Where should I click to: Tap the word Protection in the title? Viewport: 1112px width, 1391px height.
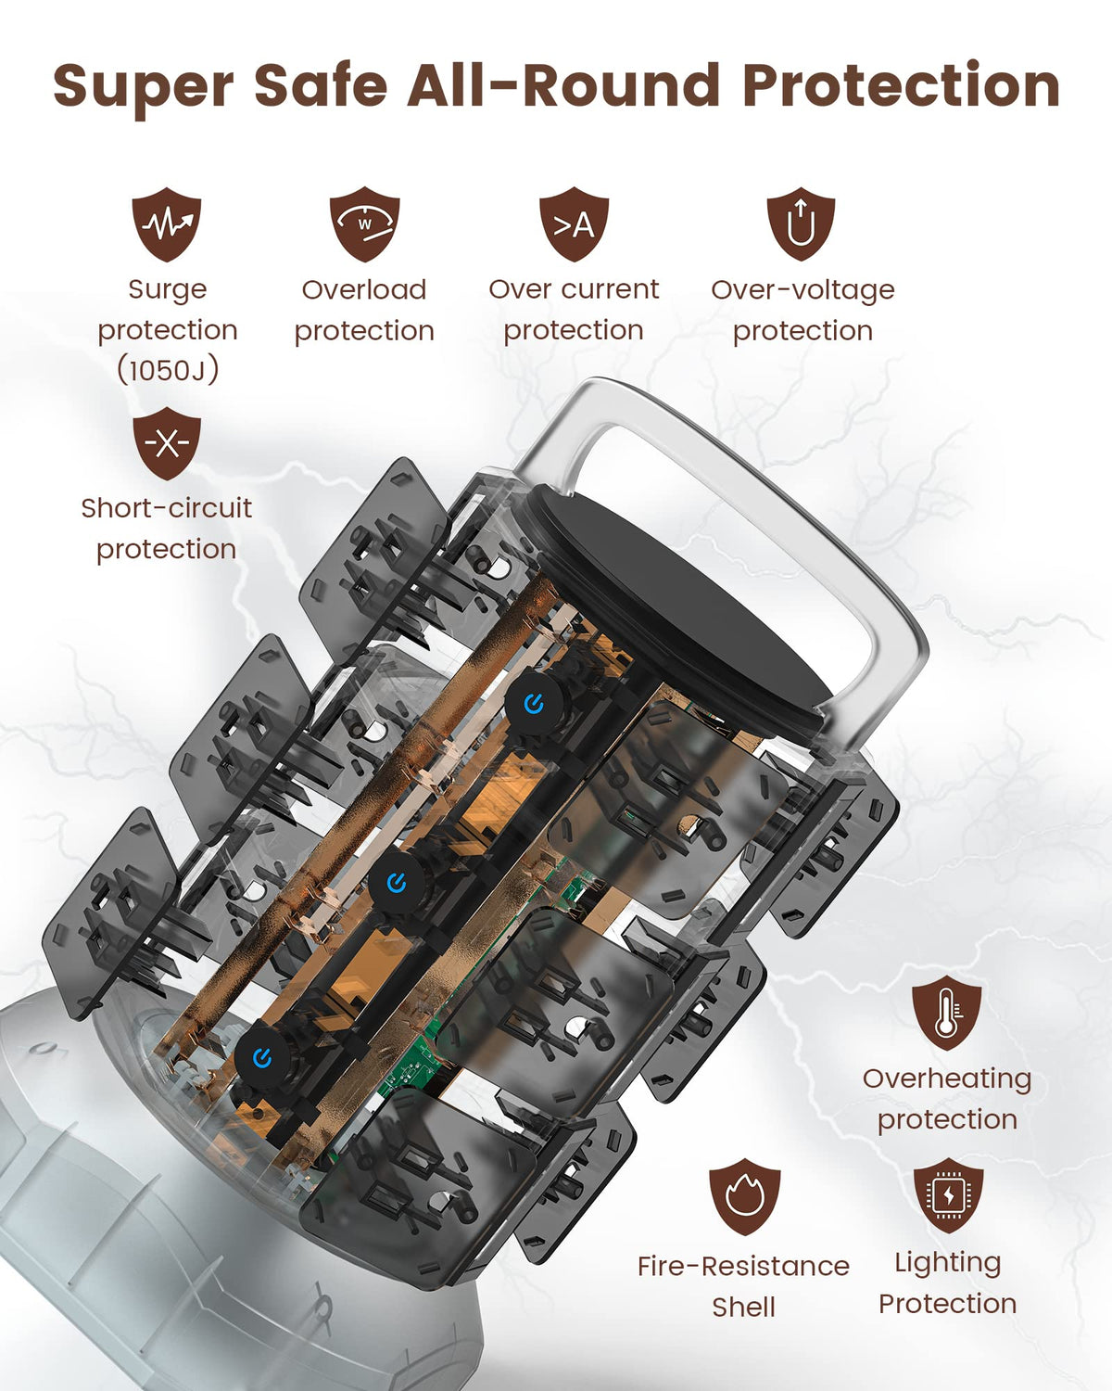point(902,84)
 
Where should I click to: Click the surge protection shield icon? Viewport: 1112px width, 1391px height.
point(167,224)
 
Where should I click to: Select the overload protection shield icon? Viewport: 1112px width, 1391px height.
point(364,224)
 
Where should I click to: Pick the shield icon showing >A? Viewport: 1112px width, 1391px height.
point(574,224)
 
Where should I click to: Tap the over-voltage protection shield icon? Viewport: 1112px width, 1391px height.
point(801,224)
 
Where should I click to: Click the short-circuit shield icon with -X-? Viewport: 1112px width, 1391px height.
point(167,443)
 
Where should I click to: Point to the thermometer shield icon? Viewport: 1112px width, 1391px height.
point(946,1013)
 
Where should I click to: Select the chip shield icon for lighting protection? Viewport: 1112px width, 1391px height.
point(948,1195)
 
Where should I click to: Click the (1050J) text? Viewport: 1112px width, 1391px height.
point(168,370)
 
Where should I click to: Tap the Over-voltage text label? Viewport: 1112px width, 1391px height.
point(803,289)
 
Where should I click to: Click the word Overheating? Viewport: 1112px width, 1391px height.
point(947,1078)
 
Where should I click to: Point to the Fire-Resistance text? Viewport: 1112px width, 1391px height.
point(744,1266)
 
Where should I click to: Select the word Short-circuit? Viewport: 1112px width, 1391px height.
point(167,508)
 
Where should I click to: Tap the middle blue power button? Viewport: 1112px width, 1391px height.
point(396,883)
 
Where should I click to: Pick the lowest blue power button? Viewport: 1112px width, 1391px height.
point(261,1058)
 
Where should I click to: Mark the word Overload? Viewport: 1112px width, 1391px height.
point(364,289)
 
